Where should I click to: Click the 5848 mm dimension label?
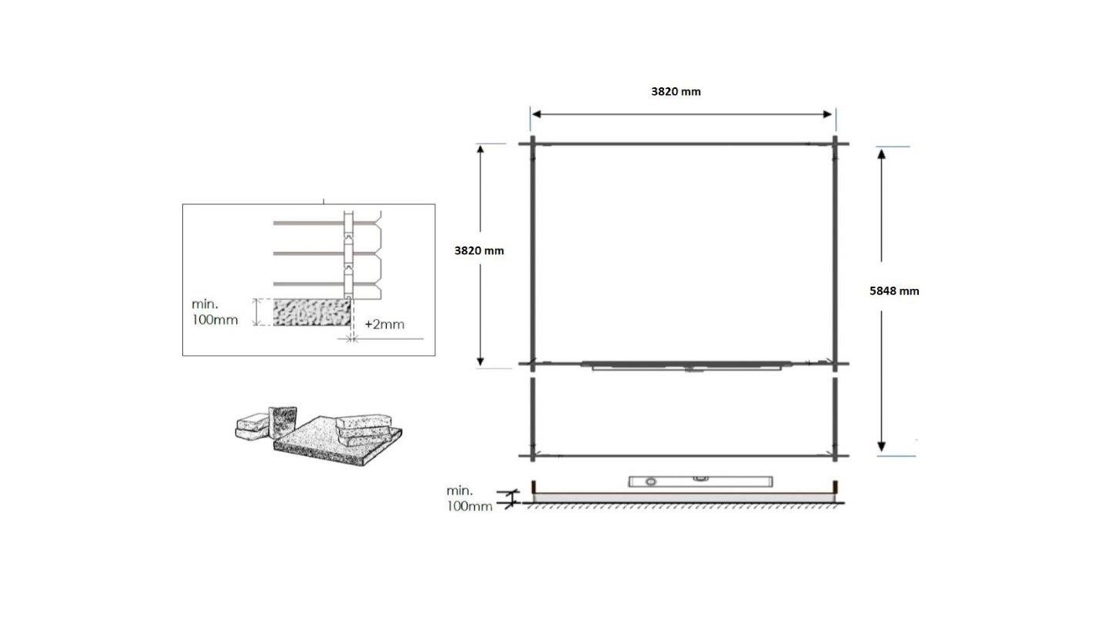[x=894, y=291]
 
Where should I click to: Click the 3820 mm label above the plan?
[x=676, y=92]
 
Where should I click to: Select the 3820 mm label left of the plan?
[x=479, y=250]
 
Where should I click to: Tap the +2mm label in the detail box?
[x=385, y=324]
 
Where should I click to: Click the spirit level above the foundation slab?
[x=700, y=481]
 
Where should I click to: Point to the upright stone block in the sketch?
[x=283, y=422]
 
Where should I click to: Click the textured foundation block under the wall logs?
[x=312, y=312]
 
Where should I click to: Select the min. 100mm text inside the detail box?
[x=215, y=312]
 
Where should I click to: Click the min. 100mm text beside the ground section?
[x=469, y=498]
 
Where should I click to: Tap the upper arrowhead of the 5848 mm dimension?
[x=881, y=154]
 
